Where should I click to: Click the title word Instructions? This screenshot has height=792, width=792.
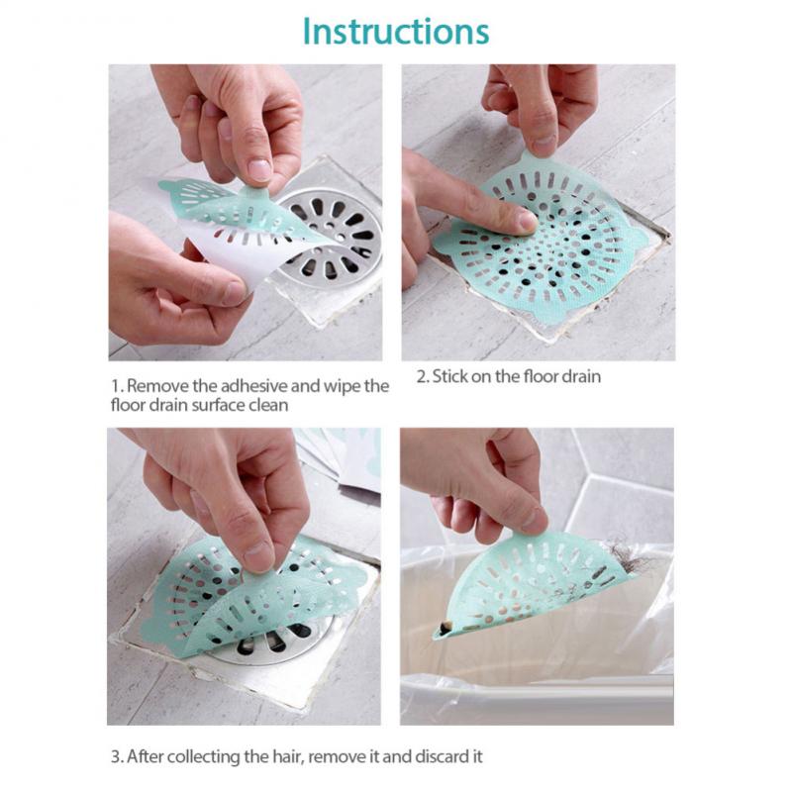[x=396, y=31]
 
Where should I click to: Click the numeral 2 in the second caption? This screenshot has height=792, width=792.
[x=422, y=376]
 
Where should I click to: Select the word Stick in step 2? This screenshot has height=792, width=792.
[x=449, y=376]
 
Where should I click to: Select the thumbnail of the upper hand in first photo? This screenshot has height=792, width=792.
[x=258, y=169]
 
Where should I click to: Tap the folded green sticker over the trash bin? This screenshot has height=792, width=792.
[x=535, y=589]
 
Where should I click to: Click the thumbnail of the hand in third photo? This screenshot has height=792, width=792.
[x=258, y=555]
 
